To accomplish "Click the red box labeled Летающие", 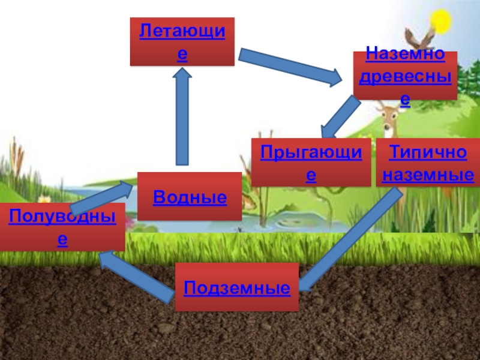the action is pos(182,41).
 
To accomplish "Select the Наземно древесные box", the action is pos(405,76).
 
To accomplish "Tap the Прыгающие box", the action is pos(311,163).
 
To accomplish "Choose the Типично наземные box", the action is pos(427,163).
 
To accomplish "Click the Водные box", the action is pos(190,196).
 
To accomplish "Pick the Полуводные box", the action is pos(62,227).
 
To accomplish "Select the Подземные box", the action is pos(236,287).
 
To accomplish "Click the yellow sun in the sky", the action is pos(442,22).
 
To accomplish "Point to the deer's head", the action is pos(387,111).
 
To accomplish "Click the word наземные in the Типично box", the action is pos(427,176).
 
